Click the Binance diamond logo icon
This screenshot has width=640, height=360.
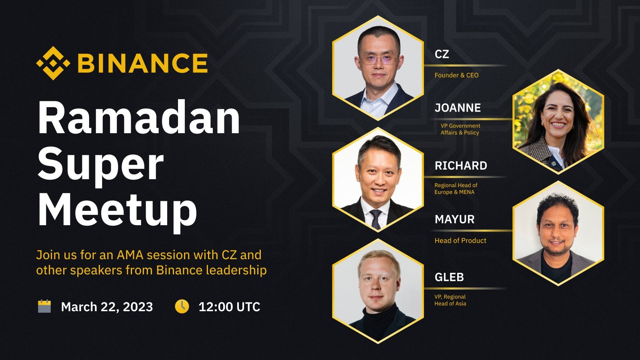(x=53, y=63)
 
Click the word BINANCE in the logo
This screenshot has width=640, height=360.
(x=142, y=63)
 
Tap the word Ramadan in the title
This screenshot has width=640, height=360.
(x=139, y=117)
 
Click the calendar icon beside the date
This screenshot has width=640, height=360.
(x=44, y=306)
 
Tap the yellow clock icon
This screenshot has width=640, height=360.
(x=182, y=306)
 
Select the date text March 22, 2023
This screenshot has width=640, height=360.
(x=107, y=307)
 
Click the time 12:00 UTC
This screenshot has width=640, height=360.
(x=229, y=307)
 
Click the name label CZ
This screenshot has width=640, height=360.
(x=442, y=54)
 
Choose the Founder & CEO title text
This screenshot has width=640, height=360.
(x=456, y=75)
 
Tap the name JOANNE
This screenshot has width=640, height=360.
(x=458, y=108)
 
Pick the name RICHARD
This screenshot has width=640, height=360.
(x=461, y=166)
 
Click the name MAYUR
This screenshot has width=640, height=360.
(x=454, y=220)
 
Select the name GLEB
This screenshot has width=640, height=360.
(x=449, y=277)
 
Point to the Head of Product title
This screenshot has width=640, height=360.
(x=460, y=240)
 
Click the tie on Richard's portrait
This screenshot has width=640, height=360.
(x=376, y=219)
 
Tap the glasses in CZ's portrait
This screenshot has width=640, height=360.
(x=378, y=60)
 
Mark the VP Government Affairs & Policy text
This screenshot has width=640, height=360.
(x=460, y=129)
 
